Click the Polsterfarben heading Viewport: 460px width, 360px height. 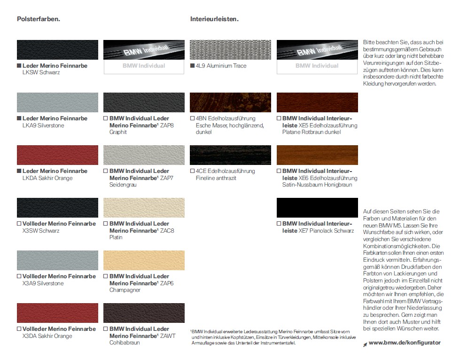[x=38, y=20]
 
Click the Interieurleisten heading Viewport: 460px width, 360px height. [x=214, y=20]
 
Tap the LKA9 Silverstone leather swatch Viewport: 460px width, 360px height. [x=57, y=102]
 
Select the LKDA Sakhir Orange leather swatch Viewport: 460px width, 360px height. [x=57, y=155]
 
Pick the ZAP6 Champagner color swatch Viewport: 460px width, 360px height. [x=144, y=260]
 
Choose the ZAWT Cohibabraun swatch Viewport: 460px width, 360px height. [x=144, y=313]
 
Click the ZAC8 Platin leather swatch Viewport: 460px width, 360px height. [x=144, y=208]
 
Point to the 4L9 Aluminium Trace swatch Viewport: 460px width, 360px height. [x=230, y=50]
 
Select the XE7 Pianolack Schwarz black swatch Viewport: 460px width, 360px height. [x=317, y=208]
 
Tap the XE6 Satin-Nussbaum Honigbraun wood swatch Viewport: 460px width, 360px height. [x=317, y=155]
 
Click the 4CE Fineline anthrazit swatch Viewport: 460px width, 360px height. [x=230, y=155]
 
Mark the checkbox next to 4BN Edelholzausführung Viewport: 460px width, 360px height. [x=192, y=118]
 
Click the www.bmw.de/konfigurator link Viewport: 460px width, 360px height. [x=405, y=343]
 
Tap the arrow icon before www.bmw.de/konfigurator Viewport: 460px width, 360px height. [x=365, y=344]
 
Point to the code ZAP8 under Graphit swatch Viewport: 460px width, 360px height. [x=166, y=125]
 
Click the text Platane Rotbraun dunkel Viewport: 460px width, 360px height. [x=312, y=132]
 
